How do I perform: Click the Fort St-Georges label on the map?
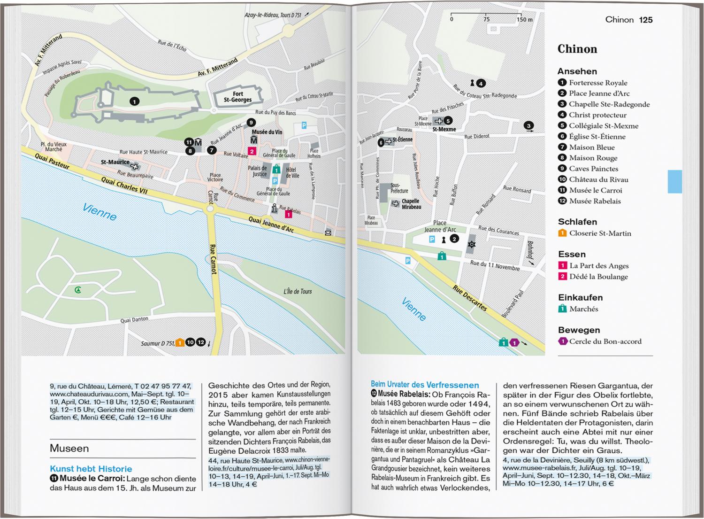[237, 97]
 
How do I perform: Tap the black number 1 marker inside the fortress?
[134, 101]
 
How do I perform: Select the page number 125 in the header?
[646, 20]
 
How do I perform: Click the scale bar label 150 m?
[525, 20]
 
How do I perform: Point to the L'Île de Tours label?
[297, 291]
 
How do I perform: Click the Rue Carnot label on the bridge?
[213, 259]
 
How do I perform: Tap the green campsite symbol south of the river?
[78, 290]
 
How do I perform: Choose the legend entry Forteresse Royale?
[598, 83]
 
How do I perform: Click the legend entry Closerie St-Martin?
[600, 233]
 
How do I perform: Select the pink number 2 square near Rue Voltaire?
[252, 151]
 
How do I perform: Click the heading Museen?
[69, 448]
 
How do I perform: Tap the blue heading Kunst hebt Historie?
[91, 469]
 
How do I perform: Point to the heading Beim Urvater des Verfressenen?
[425, 385]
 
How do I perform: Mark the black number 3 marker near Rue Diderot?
[528, 126]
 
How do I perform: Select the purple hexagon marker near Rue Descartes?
[514, 343]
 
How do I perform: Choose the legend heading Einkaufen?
[580, 297]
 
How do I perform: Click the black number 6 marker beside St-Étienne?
[381, 142]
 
